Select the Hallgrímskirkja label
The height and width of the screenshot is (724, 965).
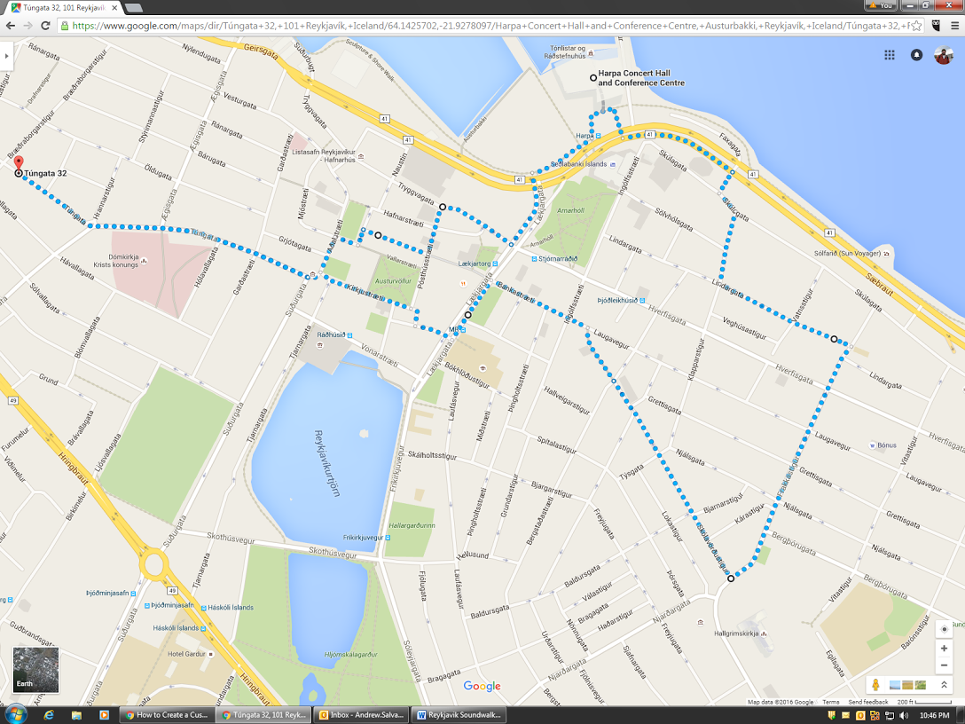point(738,633)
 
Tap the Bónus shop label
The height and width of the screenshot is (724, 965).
point(886,445)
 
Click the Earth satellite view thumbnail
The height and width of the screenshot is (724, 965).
point(35,670)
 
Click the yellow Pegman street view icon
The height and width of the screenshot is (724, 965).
point(875,685)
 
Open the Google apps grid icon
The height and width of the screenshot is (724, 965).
point(889,55)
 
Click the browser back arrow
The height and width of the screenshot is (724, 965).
point(11,26)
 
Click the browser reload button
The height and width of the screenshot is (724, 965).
point(45,26)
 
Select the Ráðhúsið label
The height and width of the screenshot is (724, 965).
point(332,335)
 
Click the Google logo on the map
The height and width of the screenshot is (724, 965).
point(482,686)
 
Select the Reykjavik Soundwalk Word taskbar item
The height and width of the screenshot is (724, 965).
point(459,714)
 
